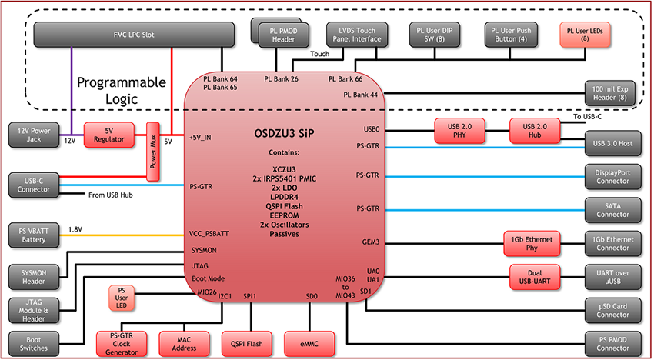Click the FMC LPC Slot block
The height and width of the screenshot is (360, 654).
[x=135, y=35]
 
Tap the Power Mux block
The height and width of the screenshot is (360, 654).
[x=152, y=152]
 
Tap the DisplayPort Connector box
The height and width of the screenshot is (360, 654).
[x=612, y=176]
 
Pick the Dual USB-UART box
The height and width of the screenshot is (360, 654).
[x=536, y=276]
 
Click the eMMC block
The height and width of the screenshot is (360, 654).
[x=311, y=342]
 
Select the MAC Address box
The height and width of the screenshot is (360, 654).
[x=185, y=342]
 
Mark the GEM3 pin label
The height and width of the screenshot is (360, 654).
[x=371, y=242]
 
